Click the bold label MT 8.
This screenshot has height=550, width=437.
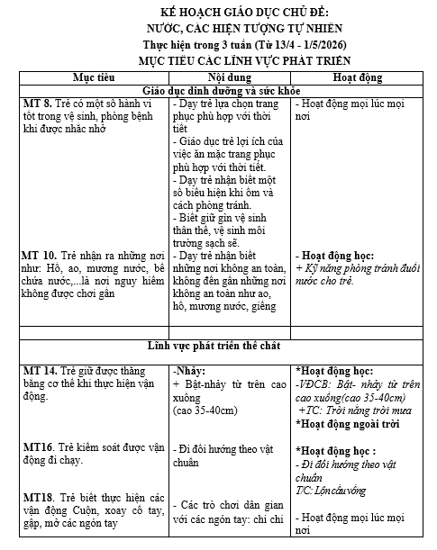tap(38, 105)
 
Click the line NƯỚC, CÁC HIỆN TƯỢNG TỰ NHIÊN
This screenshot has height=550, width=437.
tap(224, 28)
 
